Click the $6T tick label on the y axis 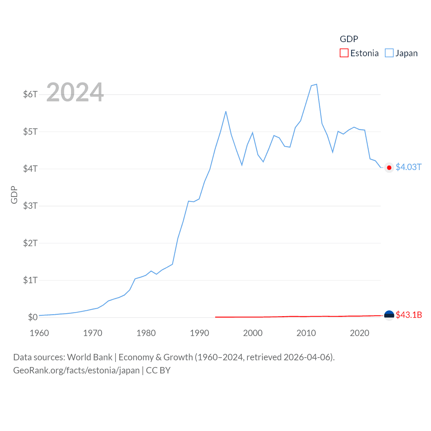tap(30, 94)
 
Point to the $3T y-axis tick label tap(30, 206)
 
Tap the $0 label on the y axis tap(33, 317)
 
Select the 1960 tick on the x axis tap(39, 333)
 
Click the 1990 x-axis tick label tap(199, 333)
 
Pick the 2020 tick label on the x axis tap(360, 333)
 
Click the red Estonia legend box tap(344, 53)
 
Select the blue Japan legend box tap(389, 53)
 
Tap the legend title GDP tap(349, 39)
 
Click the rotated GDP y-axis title tap(14, 195)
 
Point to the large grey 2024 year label tap(75, 92)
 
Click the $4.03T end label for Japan tap(408, 167)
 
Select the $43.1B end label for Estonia tap(409, 315)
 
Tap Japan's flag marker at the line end tap(389, 168)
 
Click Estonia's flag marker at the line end tap(389, 315)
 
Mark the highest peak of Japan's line tap(317, 84)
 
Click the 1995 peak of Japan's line tap(226, 111)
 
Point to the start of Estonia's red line tap(215, 317)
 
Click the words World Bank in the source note tap(90, 357)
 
